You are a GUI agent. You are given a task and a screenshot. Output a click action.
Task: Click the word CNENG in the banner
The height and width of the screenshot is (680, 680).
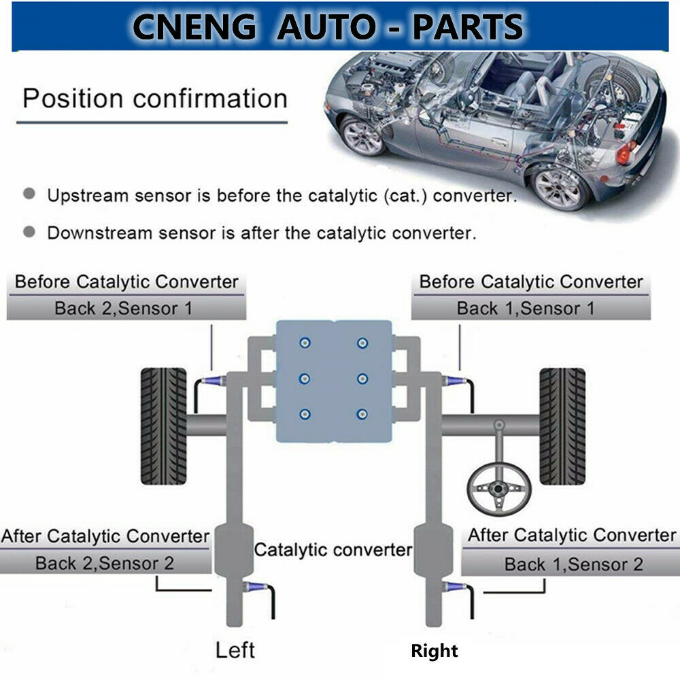tap(194, 27)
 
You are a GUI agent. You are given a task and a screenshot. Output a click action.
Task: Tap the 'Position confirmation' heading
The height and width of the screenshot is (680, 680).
tap(155, 99)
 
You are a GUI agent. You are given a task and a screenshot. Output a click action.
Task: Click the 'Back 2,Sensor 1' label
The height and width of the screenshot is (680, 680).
tap(124, 308)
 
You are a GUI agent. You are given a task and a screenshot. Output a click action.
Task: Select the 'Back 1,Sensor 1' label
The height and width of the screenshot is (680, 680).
tap(526, 308)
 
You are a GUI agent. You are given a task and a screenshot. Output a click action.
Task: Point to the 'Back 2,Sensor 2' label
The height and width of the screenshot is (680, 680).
tap(105, 563)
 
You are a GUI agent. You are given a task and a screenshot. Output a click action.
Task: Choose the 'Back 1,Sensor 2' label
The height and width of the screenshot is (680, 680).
tap(574, 564)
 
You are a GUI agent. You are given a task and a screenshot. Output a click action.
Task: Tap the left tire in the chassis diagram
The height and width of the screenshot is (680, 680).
tap(163, 426)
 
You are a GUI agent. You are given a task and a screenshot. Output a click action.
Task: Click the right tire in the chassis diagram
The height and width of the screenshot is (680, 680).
tap(562, 426)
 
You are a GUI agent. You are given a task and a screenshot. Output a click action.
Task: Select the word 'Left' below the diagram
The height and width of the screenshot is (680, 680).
tap(235, 650)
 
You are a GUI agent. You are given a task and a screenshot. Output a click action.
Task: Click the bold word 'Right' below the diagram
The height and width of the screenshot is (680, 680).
tap(434, 651)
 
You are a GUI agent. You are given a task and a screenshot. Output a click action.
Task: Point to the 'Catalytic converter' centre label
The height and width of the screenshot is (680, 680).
tap(333, 550)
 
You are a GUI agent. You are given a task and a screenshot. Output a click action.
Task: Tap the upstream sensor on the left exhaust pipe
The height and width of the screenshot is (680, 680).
tap(213, 381)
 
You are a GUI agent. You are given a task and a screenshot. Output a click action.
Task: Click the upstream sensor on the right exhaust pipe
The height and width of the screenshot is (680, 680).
tap(454, 381)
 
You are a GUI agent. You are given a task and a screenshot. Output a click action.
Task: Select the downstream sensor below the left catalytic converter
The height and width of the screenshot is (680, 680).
tap(256, 587)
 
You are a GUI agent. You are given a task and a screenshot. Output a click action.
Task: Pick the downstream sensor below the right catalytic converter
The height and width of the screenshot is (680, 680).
tap(454, 587)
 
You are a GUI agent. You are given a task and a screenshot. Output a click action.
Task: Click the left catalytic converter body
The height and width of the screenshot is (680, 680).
tap(234, 551)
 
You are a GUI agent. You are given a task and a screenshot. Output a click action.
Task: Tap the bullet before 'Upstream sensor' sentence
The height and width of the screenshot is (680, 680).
tap(29, 194)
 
